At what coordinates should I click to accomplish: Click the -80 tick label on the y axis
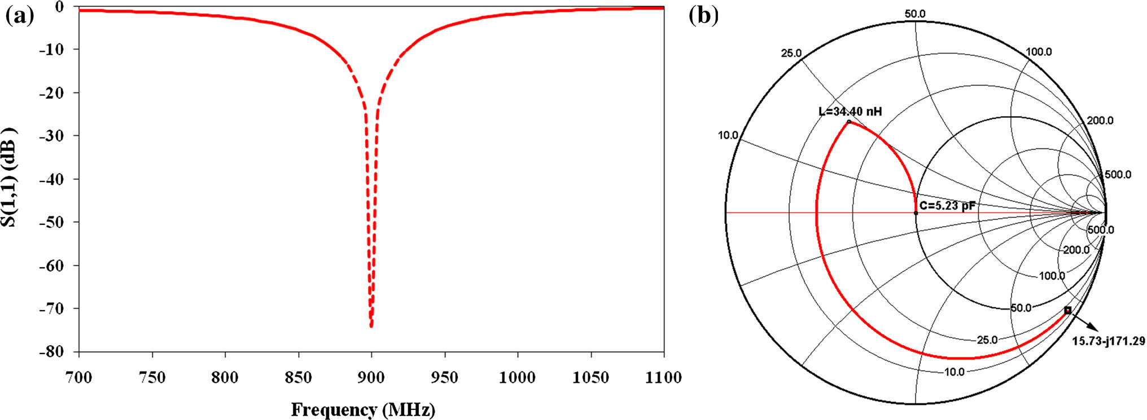pos(51,352)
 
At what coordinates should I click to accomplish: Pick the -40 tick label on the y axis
pos(51,179)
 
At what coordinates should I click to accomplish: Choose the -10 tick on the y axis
pos(51,50)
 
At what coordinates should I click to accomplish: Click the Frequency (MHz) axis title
pos(363,409)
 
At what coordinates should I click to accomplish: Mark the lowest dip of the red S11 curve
pos(371,326)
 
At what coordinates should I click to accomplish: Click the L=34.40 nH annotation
pos(850,112)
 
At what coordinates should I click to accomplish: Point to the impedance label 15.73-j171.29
pos(1109,341)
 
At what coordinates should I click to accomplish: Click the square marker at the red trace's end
pos(1067,310)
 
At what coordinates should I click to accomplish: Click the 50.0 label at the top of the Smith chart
pos(914,14)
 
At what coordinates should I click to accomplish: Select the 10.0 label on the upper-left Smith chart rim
pos(728,135)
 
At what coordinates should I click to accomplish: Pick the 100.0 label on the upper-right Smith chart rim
pos(1039,52)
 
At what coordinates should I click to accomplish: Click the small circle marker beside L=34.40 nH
pos(849,121)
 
